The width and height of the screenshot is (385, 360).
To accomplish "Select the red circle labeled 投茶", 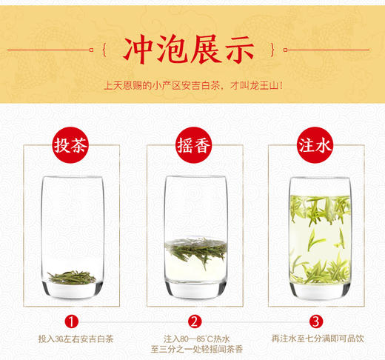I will [71, 145].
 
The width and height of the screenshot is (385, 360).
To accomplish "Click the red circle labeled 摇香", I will [192, 145].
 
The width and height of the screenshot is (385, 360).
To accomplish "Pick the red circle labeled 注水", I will [315, 145].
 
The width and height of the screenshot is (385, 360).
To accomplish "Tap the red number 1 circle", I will [71, 321].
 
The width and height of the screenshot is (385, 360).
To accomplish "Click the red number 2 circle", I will [192, 321].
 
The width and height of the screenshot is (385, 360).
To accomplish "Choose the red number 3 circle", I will [315, 321].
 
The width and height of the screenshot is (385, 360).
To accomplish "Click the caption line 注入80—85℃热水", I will [192, 339].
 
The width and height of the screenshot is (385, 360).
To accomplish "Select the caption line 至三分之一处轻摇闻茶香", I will [192, 350].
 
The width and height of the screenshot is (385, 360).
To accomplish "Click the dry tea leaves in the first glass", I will [71, 278].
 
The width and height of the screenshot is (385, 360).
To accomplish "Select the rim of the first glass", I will [71, 178].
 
